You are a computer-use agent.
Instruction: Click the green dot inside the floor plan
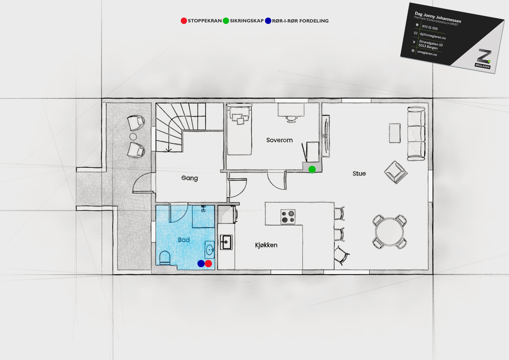pyautogui.click(x=312, y=169)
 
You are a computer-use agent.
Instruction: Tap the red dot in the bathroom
pyautogui.click(x=208, y=264)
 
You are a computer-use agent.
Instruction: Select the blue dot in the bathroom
pyautogui.click(x=201, y=264)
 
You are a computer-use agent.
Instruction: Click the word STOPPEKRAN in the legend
pyautogui.click(x=205, y=21)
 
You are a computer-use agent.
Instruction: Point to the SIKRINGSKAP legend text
pyautogui.click(x=247, y=21)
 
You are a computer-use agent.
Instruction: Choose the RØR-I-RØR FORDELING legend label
pyautogui.click(x=300, y=21)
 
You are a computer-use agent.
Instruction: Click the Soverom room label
pyautogui.click(x=280, y=140)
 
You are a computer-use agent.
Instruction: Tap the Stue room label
pyautogui.click(x=359, y=173)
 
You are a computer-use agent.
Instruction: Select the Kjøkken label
pyautogui.click(x=266, y=245)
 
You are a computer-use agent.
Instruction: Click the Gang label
pyautogui.click(x=190, y=178)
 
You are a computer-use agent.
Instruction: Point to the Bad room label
pyautogui.click(x=184, y=240)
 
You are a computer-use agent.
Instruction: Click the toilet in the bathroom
pyautogui.click(x=165, y=258)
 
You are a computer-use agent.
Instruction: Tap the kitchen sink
pyautogui.click(x=226, y=242)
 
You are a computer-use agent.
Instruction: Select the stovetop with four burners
pyautogui.click(x=288, y=217)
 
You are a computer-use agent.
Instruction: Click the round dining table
pyautogui.click(x=389, y=232)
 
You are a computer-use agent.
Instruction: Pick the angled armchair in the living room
pyautogui.click(x=396, y=172)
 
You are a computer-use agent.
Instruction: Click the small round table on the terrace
pyautogui.click(x=133, y=137)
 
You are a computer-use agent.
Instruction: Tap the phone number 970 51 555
pyautogui.click(x=430, y=27)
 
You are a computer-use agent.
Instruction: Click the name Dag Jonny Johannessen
pyautogui.click(x=438, y=17)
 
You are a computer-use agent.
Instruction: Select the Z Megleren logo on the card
pyautogui.click(x=483, y=59)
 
